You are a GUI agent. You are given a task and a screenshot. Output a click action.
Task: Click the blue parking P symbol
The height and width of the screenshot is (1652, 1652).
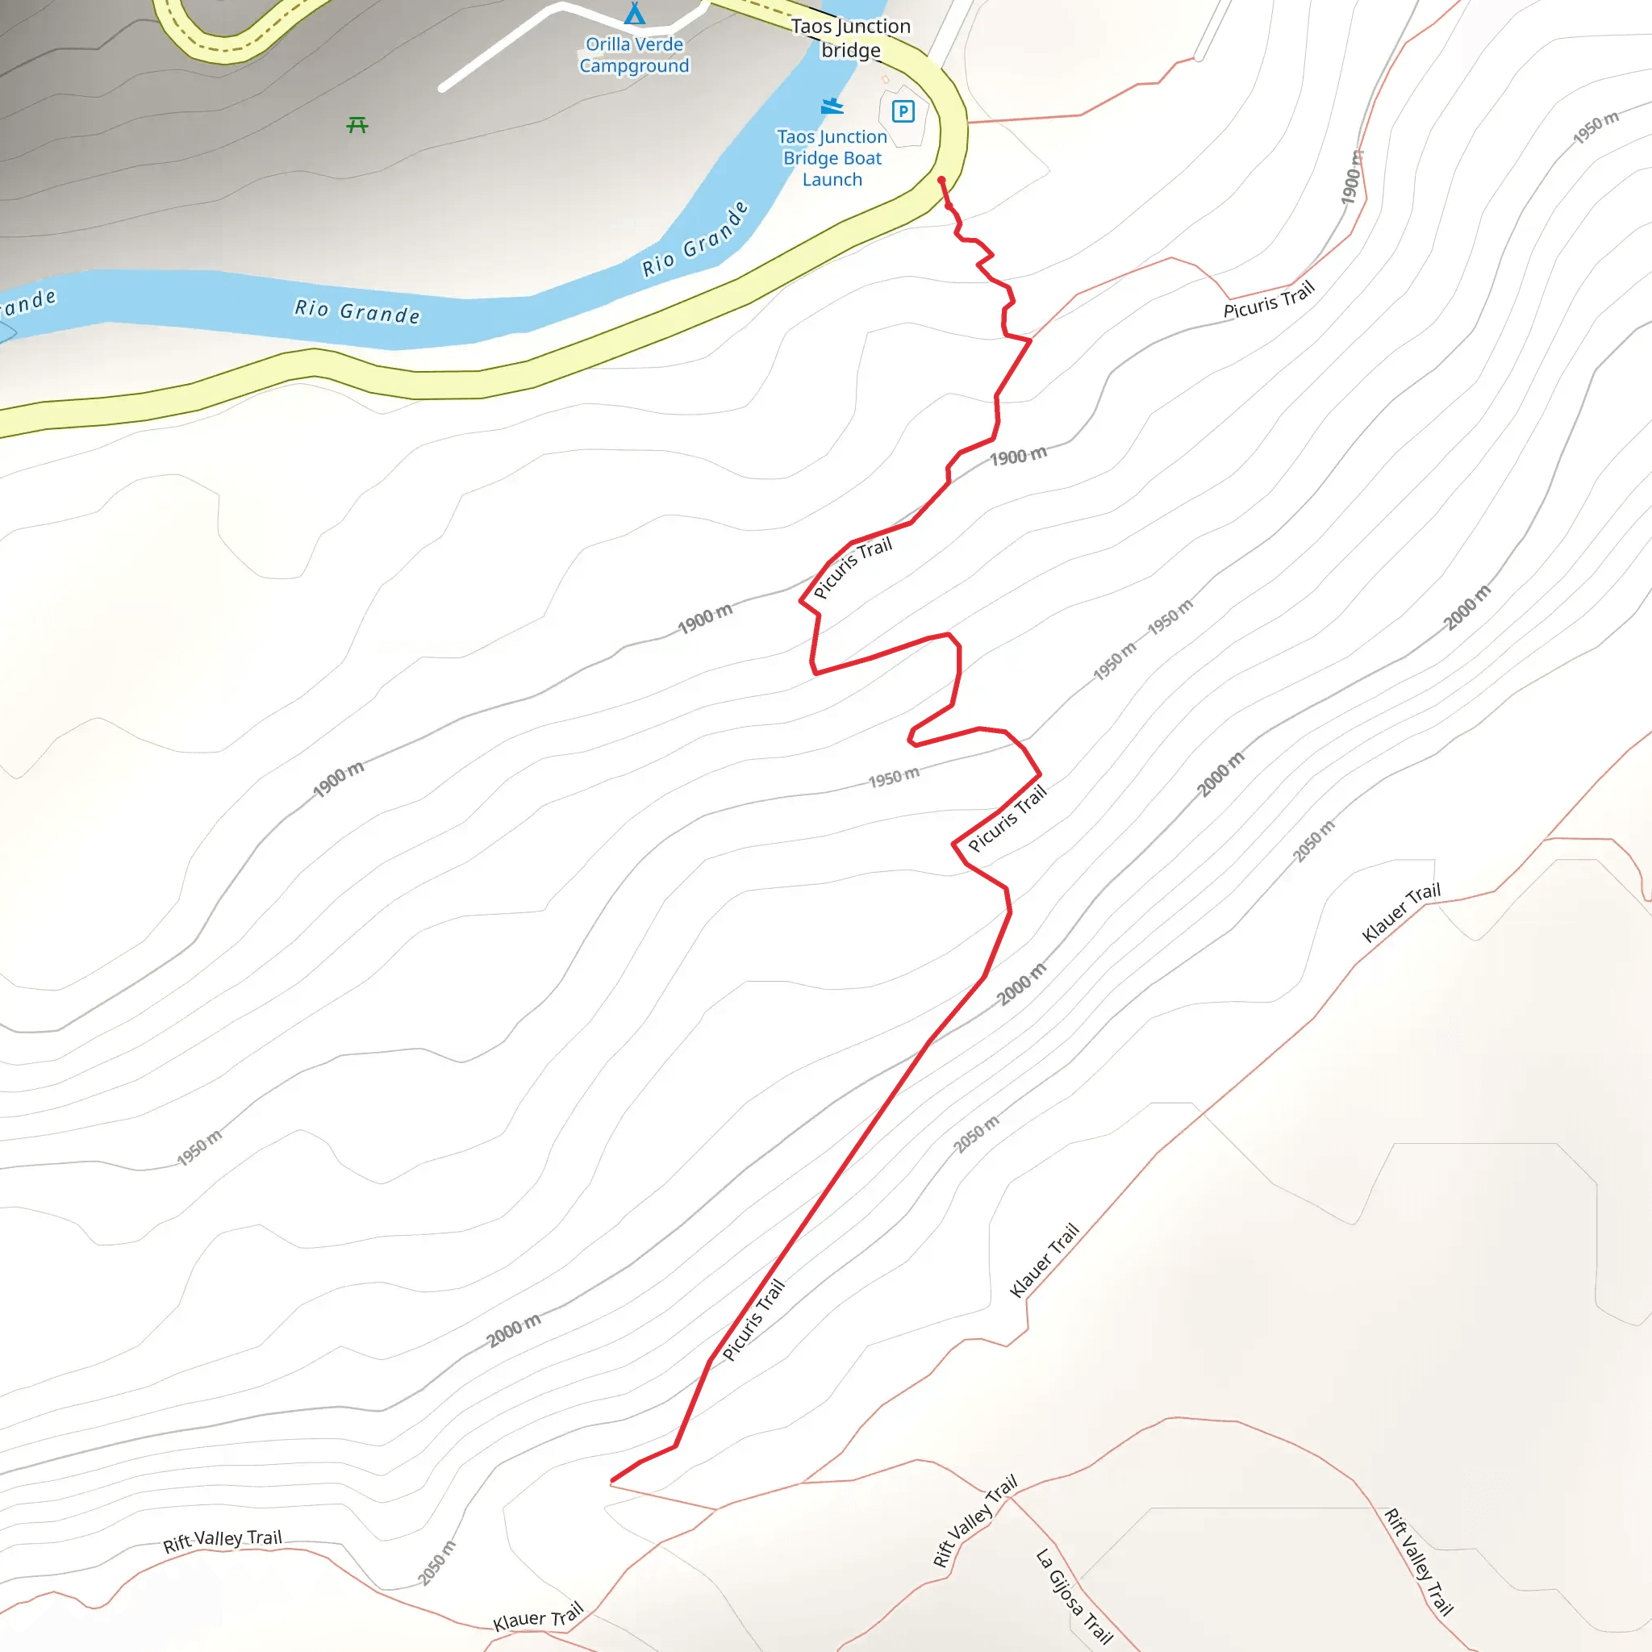tap(903, 111)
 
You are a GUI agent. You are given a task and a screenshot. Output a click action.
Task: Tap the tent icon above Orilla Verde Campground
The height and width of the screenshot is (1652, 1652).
tap(635, 14)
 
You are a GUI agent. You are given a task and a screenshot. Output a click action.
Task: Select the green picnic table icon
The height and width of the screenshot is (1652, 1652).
tap(357, 126)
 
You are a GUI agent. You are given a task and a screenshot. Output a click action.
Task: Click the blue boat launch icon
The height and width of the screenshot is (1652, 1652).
tap(832, 106)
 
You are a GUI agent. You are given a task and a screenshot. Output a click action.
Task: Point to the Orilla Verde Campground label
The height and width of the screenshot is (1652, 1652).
tap(635, 55)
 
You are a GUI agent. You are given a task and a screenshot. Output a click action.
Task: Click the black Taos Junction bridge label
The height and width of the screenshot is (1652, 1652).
tap(851, 39)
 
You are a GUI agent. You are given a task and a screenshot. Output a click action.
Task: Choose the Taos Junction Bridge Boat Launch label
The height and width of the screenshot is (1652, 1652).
tap(832, 158)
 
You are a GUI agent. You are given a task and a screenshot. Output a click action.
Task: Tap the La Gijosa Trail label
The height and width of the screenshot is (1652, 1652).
tap(1074, 1596)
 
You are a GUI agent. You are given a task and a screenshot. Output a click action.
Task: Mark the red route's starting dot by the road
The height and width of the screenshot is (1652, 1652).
tap(941, 181)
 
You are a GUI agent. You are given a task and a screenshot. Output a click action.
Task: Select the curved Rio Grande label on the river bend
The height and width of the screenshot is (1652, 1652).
tap(695, 240)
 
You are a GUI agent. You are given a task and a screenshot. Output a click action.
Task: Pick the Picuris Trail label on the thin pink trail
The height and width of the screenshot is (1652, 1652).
tap(1268, 300)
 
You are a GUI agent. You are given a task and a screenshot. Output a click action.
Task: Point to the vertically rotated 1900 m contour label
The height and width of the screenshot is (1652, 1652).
tap(1351, 177)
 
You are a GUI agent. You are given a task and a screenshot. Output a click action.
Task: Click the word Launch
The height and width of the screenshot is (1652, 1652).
tap(832, 180)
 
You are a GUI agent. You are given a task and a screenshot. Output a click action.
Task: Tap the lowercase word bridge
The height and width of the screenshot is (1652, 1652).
tap(851, 51)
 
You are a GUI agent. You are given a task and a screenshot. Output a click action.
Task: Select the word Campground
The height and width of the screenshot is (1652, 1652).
tap(635, 66)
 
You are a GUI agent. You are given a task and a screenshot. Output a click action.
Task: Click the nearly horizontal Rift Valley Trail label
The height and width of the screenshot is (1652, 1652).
tap(223, 1541)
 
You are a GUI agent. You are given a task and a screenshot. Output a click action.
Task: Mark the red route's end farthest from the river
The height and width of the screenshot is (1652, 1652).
tap(612, 1480)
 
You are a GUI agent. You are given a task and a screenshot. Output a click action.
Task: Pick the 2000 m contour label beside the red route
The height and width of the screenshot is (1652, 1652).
tap(1021, 983)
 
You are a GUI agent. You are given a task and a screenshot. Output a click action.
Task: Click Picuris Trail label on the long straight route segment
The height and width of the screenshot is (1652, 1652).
tap(753, 1320)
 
